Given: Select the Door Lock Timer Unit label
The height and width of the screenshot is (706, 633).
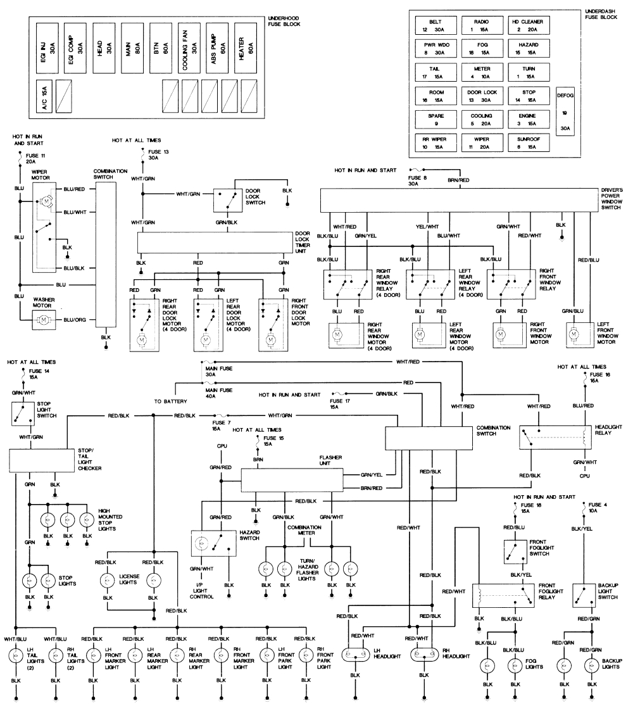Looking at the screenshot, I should [x=304, y=242].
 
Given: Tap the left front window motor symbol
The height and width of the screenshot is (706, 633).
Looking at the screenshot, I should [x=574, y=333].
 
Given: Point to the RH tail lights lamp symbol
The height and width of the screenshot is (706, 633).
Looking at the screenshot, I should [x=56, y=655].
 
